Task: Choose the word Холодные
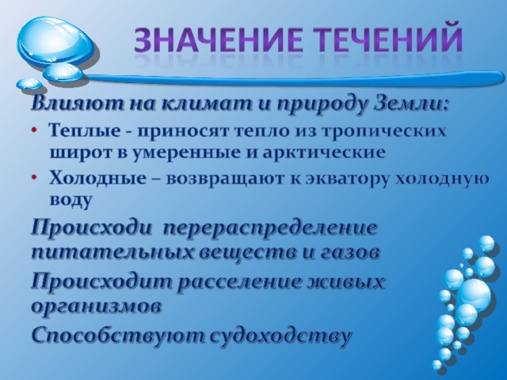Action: click(x=97, y=178)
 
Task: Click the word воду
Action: click(x=71, y=200)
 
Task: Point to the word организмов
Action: click(x=97, y=306)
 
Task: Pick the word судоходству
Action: click(x=280, y=336)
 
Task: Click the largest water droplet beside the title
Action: click(x=57, y=43)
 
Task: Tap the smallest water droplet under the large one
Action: click(x=29, y=84)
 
